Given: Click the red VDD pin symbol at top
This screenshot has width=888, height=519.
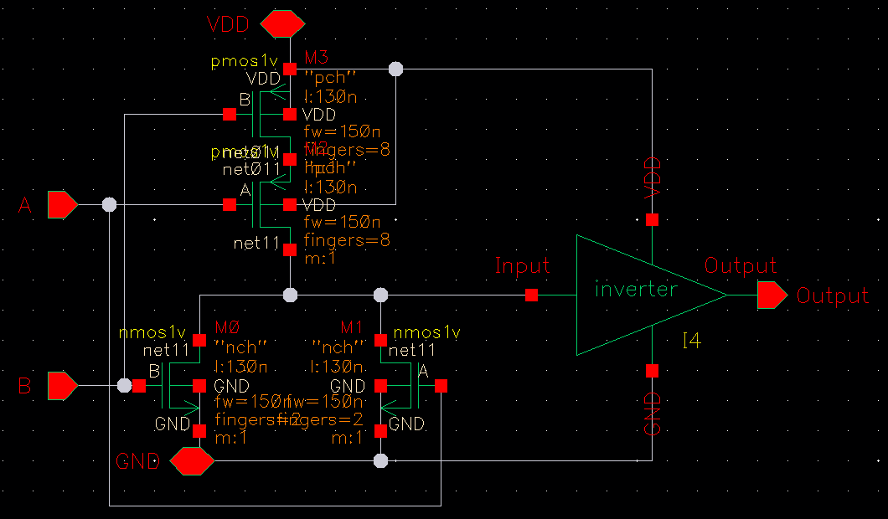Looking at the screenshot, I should pyautogui.click(x=281, y=24).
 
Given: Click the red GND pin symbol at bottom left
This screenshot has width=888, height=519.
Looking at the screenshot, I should pyautogui.click(x=192, y=460).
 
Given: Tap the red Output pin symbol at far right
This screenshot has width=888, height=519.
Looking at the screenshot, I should pyautogui.click(x=772, y=295).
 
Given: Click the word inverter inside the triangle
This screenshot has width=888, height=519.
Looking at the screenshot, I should pyautogui.click(x=635, y=290).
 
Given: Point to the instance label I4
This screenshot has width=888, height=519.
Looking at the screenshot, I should pyautogui.click(x=691, y=341).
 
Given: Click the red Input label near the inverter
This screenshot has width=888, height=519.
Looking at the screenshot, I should pyautogui.click(x=522, y=266).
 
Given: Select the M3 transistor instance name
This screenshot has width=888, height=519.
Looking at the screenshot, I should pyautogui.click(x=317, y=57).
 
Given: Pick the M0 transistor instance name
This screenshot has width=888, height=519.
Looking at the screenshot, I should pyautogui.click(x=228, y=326).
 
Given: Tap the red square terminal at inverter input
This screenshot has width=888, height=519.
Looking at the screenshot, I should pyautogui.click(x=531, y=295).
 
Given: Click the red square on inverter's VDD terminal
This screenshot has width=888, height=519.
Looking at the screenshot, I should pyautogui.click(x=652, y=220).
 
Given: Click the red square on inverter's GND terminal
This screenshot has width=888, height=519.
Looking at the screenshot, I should pyautogui.click(x=652, y=371).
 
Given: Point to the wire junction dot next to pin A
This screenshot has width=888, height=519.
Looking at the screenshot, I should pyautogui.click(x=109, y=204).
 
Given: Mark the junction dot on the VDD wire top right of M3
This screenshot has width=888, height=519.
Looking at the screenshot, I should pyautogui.click(x=396, y=69).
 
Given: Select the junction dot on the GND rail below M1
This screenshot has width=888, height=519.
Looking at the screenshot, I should pyautogui.click(x=380, y=460).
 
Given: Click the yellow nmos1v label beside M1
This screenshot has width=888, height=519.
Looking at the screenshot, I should pyautogui.click(x=426, y=333).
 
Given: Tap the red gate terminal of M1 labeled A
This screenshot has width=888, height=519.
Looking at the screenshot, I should pyautogui.click(x=441, y=386).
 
